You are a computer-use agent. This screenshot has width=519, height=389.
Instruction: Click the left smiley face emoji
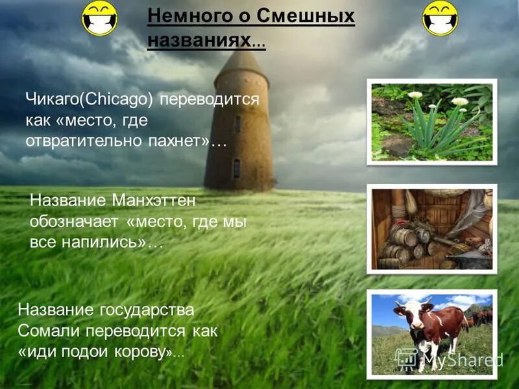[99, 19]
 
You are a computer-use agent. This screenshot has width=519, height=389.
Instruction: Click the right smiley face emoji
[440, 18]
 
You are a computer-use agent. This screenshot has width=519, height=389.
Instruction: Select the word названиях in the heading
[199, 40]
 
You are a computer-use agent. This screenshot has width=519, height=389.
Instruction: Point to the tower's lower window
[237, 169]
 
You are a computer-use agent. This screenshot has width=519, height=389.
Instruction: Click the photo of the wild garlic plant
[431, 122]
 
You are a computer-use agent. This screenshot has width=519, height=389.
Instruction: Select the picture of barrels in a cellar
[431, 228]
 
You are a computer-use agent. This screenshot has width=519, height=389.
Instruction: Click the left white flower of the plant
[415, 95]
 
